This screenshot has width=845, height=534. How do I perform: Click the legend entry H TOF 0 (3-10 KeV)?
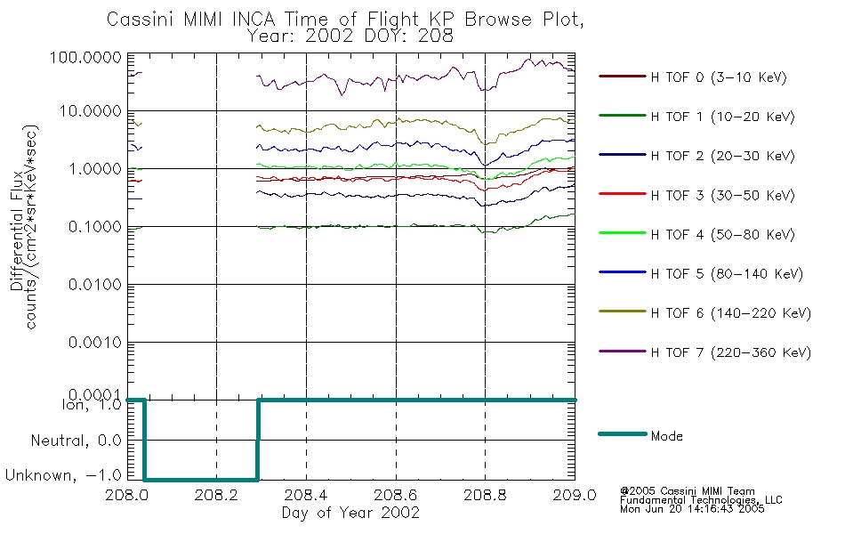[719, 77]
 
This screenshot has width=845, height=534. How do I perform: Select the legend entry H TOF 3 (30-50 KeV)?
[722, 195]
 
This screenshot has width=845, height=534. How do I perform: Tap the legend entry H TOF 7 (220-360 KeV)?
[731, 352]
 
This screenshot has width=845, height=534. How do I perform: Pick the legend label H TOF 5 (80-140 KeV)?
[727, 274]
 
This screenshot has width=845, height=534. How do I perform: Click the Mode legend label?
[666, 436]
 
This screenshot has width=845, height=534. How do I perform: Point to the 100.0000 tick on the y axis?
[85, 57]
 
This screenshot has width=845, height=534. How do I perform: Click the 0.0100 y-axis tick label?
[95, 284]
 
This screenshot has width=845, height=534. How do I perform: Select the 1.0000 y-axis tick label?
[95, 169]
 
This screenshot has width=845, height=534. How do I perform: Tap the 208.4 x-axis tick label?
[306, 495]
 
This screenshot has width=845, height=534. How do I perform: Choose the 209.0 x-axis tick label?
[575, 495]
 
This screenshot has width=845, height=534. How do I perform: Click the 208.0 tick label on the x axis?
[127, 495]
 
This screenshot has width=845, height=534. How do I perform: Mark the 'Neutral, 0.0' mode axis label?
[76, 441]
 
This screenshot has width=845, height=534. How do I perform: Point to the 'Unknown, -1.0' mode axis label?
[63, 475]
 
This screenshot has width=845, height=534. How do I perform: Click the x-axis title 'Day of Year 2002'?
[350, 513]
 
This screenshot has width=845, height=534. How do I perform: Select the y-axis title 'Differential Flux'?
[17, 231]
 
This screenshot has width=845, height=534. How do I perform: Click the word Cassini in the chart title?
[140, 20]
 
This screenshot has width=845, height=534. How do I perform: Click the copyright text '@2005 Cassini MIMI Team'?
[687, 491]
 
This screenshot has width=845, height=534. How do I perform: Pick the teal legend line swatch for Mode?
[623, 434]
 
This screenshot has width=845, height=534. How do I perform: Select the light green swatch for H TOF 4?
[623, 233]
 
